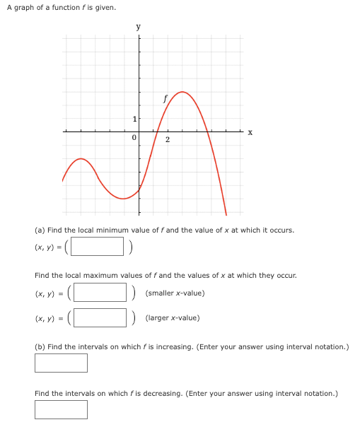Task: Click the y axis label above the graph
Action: pos(138,27)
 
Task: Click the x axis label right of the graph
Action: pos(250,132)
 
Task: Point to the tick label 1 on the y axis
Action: pos(133,117)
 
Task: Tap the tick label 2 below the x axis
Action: pos(167,139)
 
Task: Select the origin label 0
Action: pos(133,139)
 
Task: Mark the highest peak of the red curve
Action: pos(182,92)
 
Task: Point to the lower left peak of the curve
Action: pos(82,159)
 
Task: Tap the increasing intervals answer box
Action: pos(61,363)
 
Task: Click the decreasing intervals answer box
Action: pos(61,409)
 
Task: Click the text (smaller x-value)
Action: pos(175,292)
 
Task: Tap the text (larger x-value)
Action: pos(173,317)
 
